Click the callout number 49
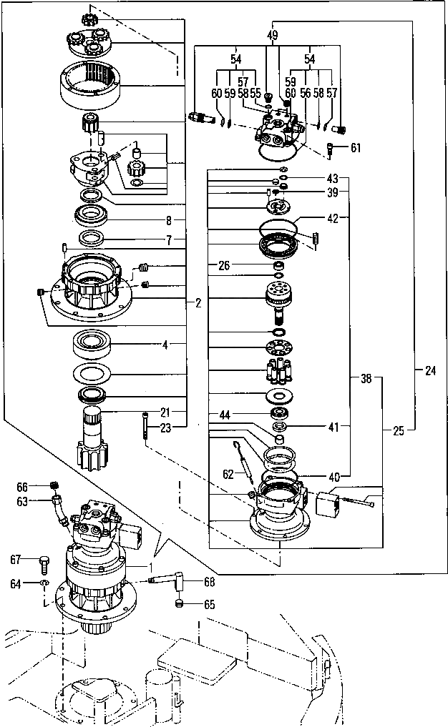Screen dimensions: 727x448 [x=273, y=34]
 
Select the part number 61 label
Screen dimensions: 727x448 [x=356, y=148]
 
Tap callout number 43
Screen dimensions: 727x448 [x=331, y=177]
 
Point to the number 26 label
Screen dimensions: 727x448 [x=224, y=266]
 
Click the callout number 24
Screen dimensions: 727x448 [x=429, y=370]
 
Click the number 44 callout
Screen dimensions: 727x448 [x=225, y=415]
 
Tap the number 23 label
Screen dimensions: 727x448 [x=166, y=429]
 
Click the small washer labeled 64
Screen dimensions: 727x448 [x=44, y=584]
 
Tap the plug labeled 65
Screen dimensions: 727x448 [x=180, y=605]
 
